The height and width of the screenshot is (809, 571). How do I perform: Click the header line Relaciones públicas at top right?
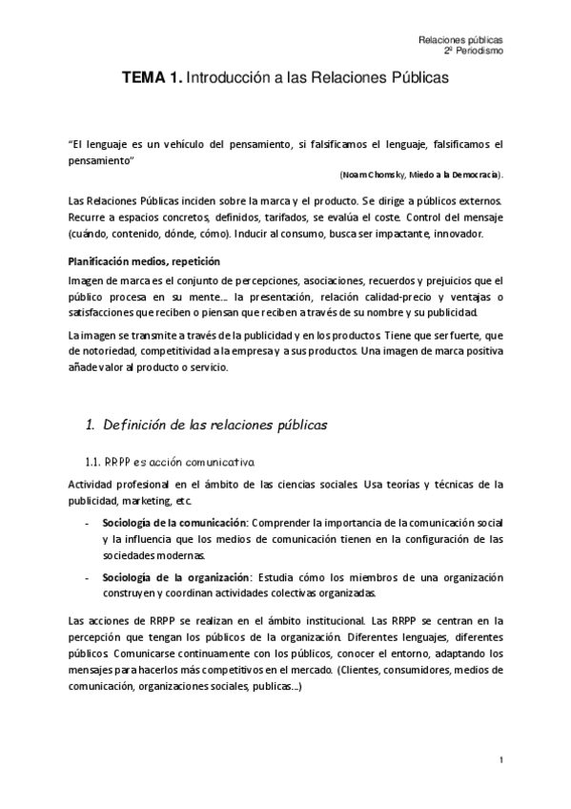(460, 40)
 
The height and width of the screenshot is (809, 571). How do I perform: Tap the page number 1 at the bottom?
(500, 759)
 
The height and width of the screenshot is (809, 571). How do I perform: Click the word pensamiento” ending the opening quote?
(101, 160)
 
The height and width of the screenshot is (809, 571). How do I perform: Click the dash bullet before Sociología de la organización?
(89, 578)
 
